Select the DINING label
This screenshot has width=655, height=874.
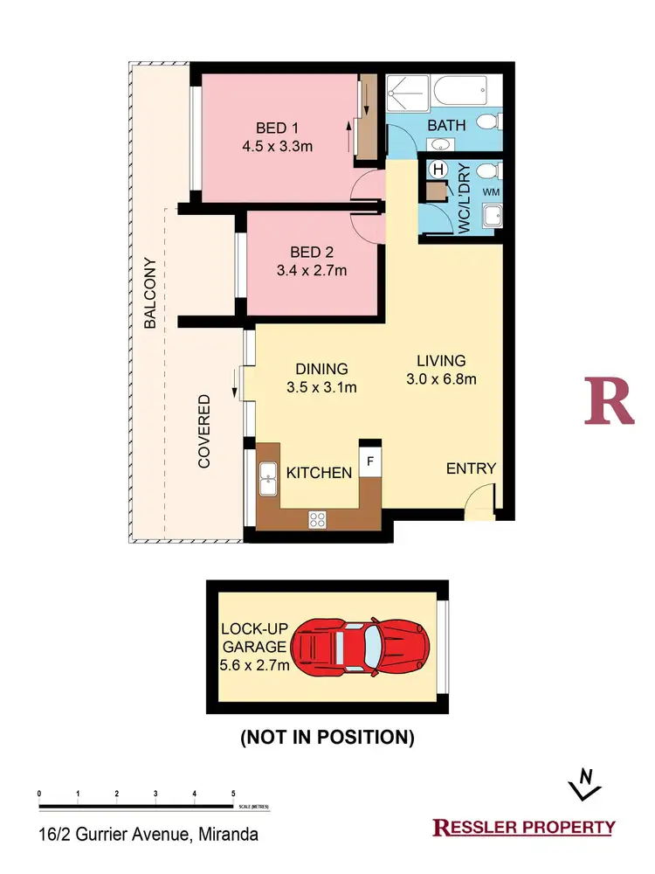(321, 369)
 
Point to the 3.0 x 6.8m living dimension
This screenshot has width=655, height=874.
(440, 378)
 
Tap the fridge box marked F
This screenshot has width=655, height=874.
(369, 461)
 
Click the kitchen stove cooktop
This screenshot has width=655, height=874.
(317, 519)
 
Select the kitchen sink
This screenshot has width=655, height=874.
(268, 477)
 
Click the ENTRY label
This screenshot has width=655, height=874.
(471, 468)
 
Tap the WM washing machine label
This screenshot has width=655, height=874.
(491, 191)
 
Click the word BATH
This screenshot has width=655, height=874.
(446, 125)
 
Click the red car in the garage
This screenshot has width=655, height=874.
(360, 648)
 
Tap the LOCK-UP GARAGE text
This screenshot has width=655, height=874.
(253, 638)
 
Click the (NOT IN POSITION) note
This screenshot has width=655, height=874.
(327, 738)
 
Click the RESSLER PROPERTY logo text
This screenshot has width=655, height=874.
(524, 827)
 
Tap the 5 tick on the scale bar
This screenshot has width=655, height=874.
(232, 793)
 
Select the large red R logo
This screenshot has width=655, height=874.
(609, 401)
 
